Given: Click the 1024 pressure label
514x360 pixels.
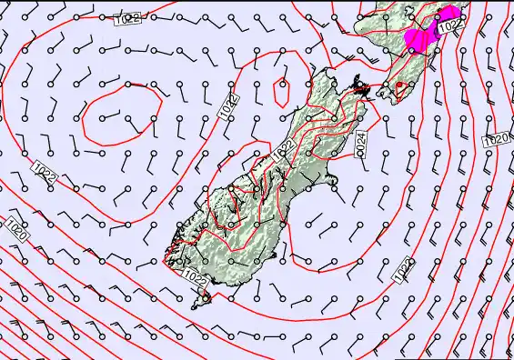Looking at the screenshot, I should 360,142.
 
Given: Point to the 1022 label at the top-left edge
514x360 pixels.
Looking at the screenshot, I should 127,18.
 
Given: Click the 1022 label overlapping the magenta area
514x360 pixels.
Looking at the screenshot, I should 447,28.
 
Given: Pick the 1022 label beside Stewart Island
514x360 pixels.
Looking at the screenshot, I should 195,275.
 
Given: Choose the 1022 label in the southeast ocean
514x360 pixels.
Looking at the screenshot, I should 402,266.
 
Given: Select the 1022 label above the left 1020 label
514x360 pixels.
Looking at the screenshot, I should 45,173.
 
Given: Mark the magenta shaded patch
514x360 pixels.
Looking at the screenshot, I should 421,37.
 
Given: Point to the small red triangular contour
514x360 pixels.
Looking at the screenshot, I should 398,88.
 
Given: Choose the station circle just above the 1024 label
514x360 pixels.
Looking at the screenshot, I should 361,118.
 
